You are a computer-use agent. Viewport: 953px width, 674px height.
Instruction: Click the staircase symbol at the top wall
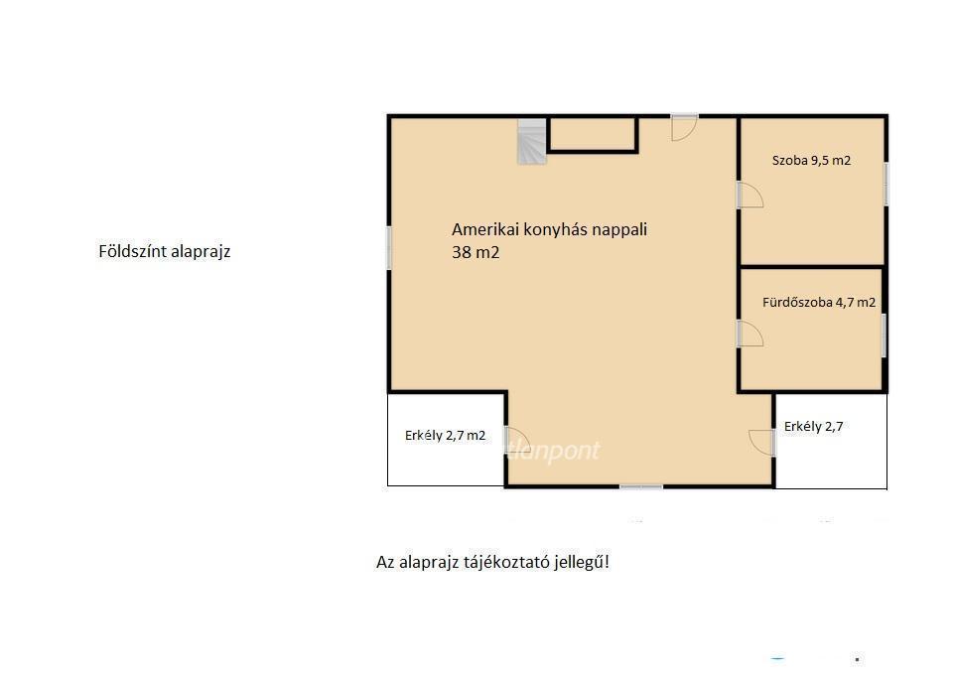coord(532,142)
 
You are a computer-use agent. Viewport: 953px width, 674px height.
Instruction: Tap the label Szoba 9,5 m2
coord(811,161)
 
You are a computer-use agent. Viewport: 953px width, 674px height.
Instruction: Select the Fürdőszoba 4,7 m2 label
coord(819,302)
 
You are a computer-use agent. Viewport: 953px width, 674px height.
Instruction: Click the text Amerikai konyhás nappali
coord(549,229)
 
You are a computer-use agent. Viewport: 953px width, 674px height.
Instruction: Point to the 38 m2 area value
coord(476,252)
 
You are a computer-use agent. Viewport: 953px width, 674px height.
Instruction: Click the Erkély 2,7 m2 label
coord(445,435)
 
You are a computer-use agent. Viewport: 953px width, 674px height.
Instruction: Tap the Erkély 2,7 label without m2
coord(813,427)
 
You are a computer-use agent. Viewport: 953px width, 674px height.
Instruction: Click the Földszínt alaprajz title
coord(164,251)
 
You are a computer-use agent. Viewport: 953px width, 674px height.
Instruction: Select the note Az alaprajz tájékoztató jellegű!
coord(492,562)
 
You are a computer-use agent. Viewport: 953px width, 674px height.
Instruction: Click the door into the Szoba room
coord(750,195)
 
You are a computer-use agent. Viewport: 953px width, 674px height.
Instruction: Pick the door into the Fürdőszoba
coord(750,334)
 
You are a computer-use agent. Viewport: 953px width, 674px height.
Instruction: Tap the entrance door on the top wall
coord(684,127)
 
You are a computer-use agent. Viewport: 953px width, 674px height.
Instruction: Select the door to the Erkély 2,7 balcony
coord(762,443)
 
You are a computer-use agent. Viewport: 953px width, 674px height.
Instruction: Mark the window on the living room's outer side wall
coord(389,247)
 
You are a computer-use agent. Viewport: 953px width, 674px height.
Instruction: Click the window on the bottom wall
coord(641,486)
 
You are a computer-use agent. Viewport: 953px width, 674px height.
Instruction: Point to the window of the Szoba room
coord(885,184)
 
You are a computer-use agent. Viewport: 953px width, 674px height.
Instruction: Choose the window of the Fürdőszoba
coord(885,336)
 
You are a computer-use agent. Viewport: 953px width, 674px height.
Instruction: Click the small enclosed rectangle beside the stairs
coord(593,134)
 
